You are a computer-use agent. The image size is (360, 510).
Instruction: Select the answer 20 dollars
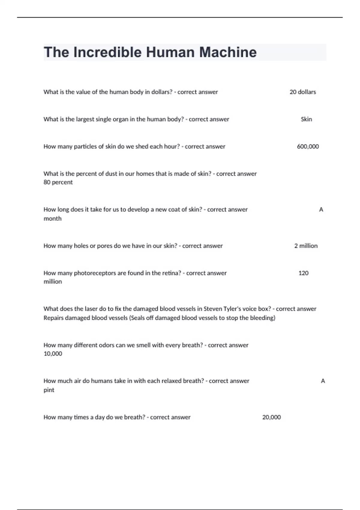coord(303,92)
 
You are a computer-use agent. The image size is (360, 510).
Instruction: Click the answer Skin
coord(306,119)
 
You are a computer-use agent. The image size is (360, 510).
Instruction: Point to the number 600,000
coord(308,147)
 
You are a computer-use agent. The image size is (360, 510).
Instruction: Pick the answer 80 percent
coord(58,182)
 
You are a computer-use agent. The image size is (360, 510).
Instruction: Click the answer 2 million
coord(306,246)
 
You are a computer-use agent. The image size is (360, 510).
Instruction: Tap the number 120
coord(303,273)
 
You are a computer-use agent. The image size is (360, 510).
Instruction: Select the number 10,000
coord(53,354)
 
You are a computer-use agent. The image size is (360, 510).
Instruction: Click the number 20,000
coord(271,417)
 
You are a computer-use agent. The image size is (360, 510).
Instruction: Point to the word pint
coord(49,390)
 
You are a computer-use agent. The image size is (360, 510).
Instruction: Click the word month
coord(52,219)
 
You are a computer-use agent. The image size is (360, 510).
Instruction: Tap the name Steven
coord(213,309)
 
